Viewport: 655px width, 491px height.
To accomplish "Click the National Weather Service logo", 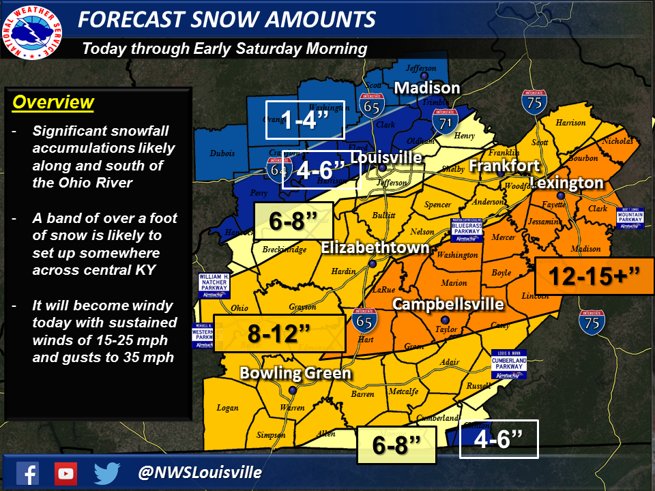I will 32,31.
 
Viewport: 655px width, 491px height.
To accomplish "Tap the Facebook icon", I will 28,473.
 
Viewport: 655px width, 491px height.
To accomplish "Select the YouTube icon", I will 66,473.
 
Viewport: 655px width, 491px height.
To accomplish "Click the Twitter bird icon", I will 107,473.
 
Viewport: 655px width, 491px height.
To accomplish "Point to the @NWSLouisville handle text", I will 199,473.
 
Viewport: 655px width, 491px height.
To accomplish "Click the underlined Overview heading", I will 53,103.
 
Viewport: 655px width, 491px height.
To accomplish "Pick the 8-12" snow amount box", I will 279,333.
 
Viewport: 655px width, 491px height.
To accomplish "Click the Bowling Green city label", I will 295,373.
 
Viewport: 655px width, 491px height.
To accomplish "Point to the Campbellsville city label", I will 448,303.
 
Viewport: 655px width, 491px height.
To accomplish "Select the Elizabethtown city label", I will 375,247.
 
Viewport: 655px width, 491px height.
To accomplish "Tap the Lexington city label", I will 567,183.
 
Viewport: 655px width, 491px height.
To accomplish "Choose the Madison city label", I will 427,88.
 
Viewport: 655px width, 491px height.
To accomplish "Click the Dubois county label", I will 223,153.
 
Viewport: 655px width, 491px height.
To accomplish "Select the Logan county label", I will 227,408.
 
